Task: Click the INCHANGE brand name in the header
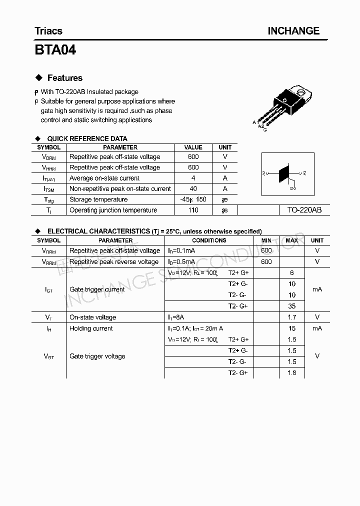tap(293, 31)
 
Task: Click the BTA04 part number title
tap(55, 50)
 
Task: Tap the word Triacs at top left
tap(48, 31)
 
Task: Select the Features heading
tap(64, 78)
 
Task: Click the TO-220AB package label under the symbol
tap(304, 210)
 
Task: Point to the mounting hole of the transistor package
tap(301, 92)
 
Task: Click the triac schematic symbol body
tap(284, 173)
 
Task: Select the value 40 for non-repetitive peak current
tap(193, 188)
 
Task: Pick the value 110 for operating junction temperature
tap(193, 210)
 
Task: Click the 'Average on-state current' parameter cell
tap(104, 178)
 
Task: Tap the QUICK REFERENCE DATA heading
tap(87, 138)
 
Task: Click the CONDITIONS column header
tap(209, 240)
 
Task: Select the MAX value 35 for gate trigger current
tap(292, 306)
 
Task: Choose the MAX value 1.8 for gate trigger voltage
tap(292, 372)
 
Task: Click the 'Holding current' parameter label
tap(91, 328)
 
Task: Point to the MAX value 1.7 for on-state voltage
tap(292, 317)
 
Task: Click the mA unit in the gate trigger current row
tap(317, 289)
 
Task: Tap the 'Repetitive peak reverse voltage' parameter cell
tap(114, 261)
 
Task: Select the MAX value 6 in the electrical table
tap(292, 273)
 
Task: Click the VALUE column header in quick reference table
tap(193, 147)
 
